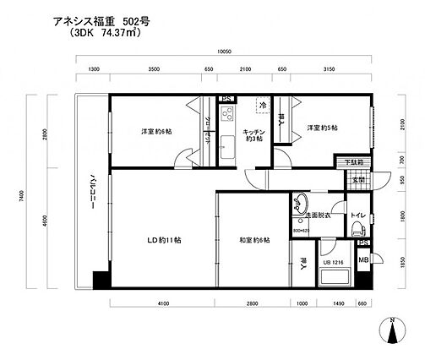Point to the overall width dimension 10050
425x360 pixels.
coord(222,52)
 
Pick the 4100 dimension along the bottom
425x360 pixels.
coord(163,303)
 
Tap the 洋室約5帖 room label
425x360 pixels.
coord(322,128)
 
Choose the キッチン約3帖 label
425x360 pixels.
coord(254,135)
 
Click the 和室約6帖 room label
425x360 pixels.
coord(254,241)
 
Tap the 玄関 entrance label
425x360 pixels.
coord(357,179)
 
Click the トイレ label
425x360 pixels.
coord(357,215)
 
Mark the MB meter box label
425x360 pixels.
coord(363,259)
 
